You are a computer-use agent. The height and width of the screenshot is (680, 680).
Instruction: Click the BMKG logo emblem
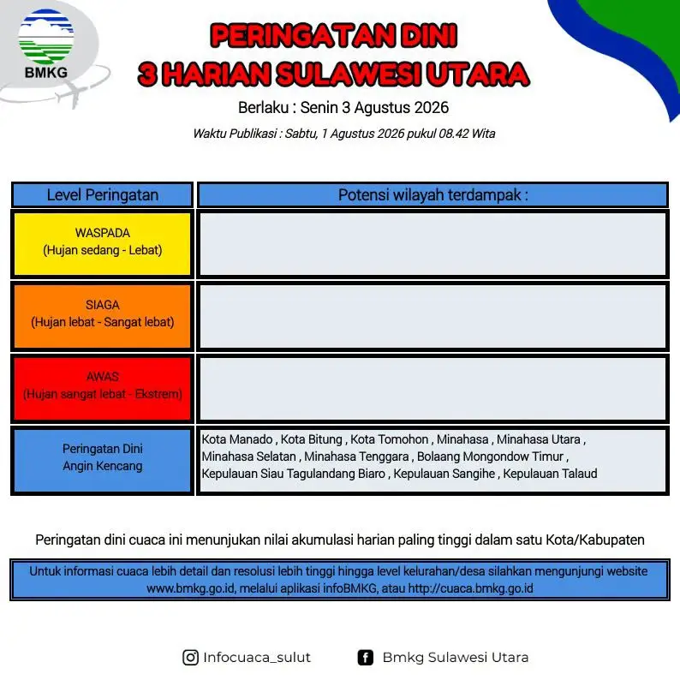tap(46, 38)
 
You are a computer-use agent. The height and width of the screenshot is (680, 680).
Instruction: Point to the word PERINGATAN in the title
tap(302, 36)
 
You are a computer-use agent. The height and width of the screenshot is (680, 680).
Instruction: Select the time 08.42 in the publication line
tap(454, 134)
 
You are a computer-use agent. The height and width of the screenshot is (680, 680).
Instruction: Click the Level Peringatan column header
tap(103, 195)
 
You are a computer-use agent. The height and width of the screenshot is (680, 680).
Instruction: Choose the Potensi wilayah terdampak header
tap(432, 195)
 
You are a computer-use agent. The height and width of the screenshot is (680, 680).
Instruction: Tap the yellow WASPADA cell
tap(103, 244)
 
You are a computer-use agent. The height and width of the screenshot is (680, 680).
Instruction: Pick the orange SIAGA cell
tap(103, 316)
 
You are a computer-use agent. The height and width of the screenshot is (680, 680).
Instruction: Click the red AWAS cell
tap(103, 388)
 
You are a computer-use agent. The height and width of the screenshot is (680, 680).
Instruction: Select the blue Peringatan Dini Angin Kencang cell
tap(103, 460)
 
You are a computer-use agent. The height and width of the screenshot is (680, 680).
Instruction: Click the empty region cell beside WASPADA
tap(432, 244)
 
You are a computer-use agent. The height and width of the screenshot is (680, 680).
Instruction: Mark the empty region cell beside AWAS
tap(432, 388)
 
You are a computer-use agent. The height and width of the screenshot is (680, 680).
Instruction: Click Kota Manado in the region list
tap(237, 439)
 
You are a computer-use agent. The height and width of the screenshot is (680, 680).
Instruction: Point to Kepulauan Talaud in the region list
tap(550, 474)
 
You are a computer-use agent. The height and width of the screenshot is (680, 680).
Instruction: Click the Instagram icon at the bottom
tap(190, 658)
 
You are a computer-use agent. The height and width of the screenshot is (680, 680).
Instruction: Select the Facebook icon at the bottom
tap(366, 658)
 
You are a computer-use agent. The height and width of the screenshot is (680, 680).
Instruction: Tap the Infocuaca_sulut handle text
tap(257, 658)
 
